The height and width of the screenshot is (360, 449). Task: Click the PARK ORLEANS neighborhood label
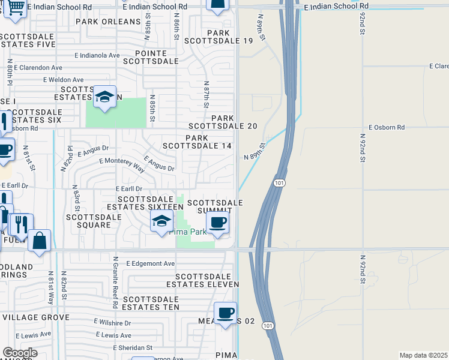tap(108, 22)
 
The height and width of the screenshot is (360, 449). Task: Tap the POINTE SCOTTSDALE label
tap(151, 56)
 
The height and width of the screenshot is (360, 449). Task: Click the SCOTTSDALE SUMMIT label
tap(214, 207)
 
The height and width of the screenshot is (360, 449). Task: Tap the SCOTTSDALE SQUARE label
tap(88, 221)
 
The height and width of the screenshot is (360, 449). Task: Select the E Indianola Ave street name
tap(97, 55)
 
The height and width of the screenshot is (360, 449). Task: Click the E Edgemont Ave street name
tap(150, 263)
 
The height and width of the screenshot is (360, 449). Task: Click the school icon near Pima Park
tap(161, 222)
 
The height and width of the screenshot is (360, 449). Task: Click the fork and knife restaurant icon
tap(20, 224)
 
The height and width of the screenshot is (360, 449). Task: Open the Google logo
tap(20, 353)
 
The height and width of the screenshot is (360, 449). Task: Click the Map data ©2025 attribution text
tap(423, 355)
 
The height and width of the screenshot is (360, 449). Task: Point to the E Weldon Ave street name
tap(63, 80)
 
